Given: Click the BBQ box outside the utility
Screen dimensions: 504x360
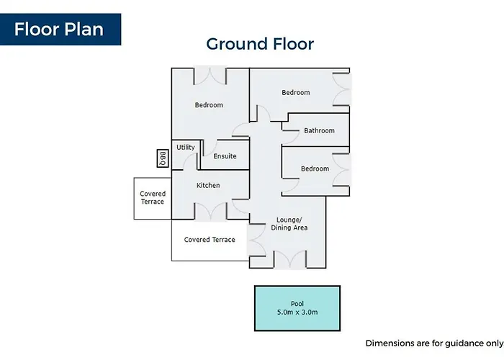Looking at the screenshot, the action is [x=163, y=158].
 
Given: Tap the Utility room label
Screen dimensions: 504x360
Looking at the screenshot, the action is [x=186, y=147].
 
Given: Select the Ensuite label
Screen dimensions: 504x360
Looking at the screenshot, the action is [x=225, y=156].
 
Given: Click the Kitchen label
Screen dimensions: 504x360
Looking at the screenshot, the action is [x=208, y=185].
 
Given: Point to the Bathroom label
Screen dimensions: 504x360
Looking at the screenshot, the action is [x=319, y=130].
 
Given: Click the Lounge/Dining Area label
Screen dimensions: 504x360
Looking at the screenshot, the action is [x=289, y=224].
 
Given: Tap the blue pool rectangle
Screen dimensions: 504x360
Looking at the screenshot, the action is [x=297, y=308].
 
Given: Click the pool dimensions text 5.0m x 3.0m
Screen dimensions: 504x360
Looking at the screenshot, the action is [x=297, y=312].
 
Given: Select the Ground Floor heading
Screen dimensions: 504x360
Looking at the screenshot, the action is [x=260, y=44].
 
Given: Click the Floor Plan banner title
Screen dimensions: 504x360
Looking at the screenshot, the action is [x=59, y=30].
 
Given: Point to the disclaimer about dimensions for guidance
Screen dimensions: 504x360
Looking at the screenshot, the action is [x=435, y=343].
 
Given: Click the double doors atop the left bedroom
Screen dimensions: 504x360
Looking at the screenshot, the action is [x=210, y=76].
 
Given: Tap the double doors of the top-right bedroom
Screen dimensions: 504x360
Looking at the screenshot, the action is [x=342, y=89].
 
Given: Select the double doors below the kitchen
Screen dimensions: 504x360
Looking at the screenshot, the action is [x=211, y=212].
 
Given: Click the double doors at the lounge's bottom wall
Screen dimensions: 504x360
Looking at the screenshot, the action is [x=290, y=259].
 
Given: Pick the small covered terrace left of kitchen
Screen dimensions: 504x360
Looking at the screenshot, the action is [x=153, y=198].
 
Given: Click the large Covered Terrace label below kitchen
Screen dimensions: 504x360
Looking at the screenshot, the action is [x=210, y=240].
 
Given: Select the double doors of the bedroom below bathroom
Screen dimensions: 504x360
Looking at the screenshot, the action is [x=341, y=170].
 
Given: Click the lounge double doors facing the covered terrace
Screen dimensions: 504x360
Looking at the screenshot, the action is [x=256, y=240].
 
